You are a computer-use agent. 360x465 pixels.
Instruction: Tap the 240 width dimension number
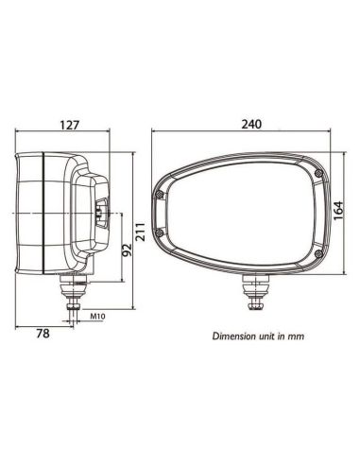pyautogui.click(x=252, y=124)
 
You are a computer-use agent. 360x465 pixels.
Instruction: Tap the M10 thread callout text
pyautogui.click(x=97, y=318)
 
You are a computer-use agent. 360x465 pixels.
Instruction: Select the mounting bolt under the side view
pyautogui.click(x=73, y=292)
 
